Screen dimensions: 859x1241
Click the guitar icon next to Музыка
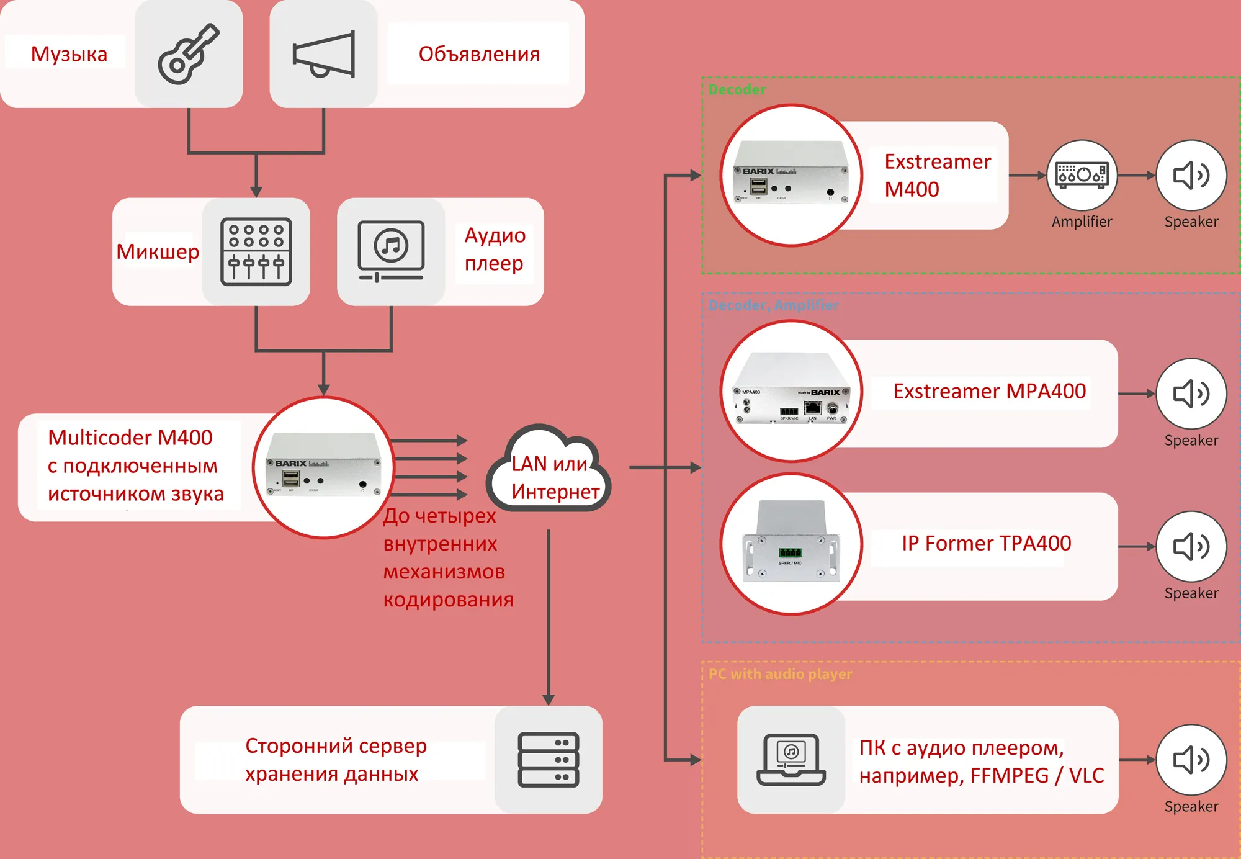189,54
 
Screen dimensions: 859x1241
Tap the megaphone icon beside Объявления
323,54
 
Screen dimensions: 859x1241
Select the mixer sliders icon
256,251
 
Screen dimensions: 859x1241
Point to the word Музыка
69,54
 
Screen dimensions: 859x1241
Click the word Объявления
478,54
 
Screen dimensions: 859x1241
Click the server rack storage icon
549,760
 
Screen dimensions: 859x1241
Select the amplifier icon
1082,175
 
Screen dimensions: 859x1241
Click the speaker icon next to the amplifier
1191,175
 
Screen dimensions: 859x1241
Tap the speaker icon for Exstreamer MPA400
1191,394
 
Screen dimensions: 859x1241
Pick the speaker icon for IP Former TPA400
1191,546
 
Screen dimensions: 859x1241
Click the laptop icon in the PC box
791,760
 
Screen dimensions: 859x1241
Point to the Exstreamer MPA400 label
989,391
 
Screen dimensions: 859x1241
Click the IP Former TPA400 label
986,543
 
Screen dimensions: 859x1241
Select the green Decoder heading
737,89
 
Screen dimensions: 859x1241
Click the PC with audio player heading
780,674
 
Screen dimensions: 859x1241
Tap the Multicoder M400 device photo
323,467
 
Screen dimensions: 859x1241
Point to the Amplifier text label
1082,222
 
